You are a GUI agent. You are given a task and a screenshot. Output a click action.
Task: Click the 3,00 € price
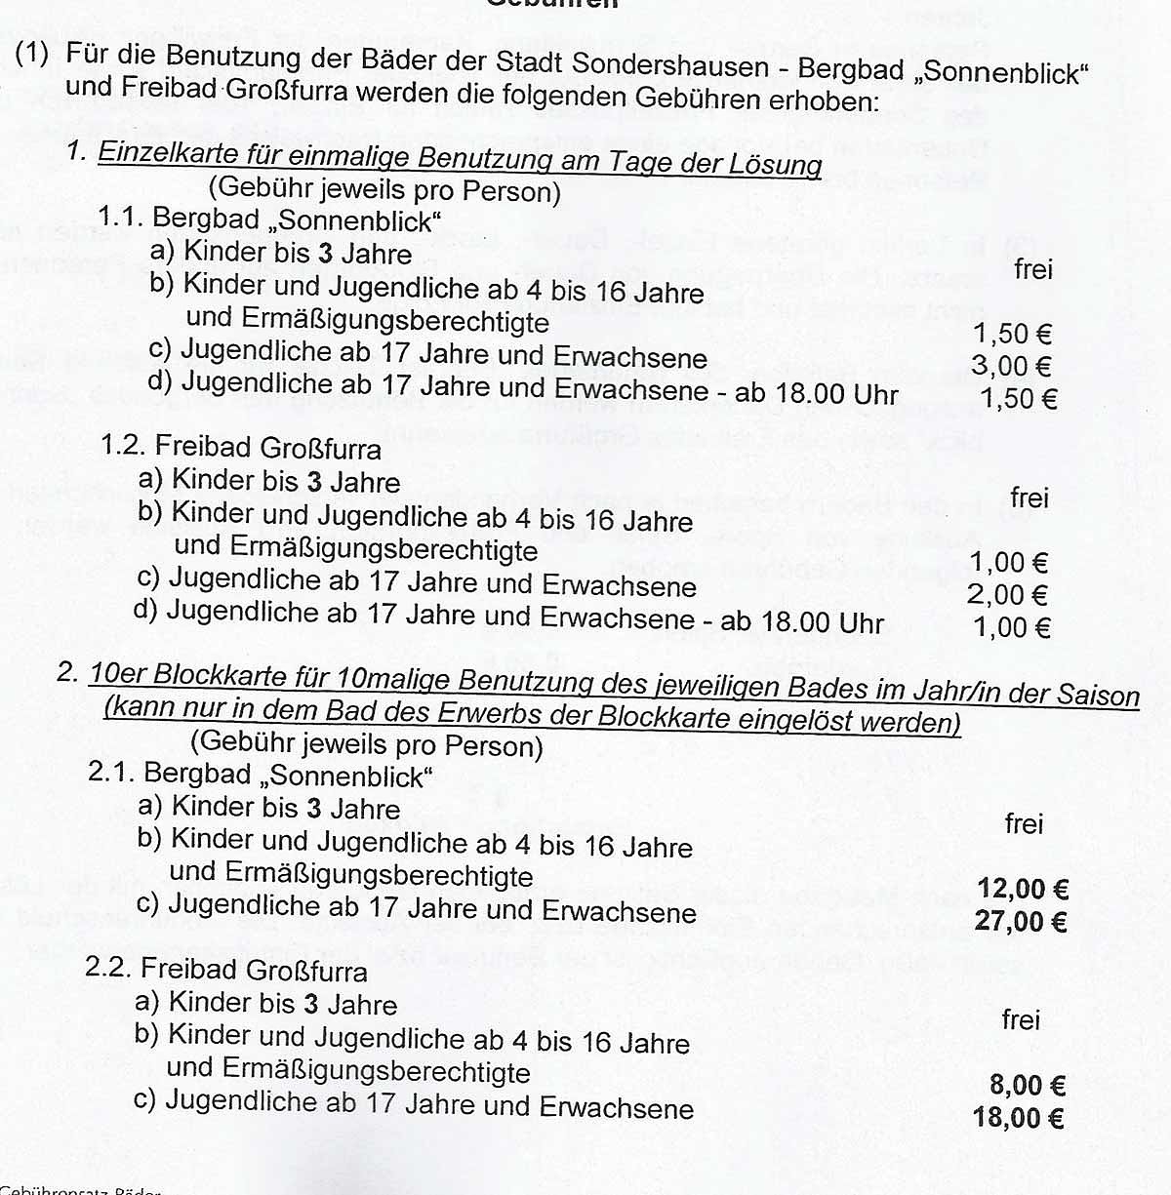(x=1011, y=367)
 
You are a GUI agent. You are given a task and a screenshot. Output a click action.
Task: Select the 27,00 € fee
(x=1020, y=921)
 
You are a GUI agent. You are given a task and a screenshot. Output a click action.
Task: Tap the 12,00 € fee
(x=1023, y=889)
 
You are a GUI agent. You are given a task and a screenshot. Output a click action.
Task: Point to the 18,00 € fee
(x=1018, y=1117)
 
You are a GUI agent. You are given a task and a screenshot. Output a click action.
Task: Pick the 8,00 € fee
(x=1027, y=1085)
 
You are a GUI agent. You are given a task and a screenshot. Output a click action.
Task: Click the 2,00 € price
(x=1007, y=595)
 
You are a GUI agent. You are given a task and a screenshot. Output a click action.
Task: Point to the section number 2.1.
(x=111, y=773)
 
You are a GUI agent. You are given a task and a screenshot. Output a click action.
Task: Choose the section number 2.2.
(x=108, y=969)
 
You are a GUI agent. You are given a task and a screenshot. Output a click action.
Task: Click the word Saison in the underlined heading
(x=1097, y=696)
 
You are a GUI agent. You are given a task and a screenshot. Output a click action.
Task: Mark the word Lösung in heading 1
(x=775, y=163)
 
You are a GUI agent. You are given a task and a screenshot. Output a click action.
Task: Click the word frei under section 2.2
(x=1021, y=1020)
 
